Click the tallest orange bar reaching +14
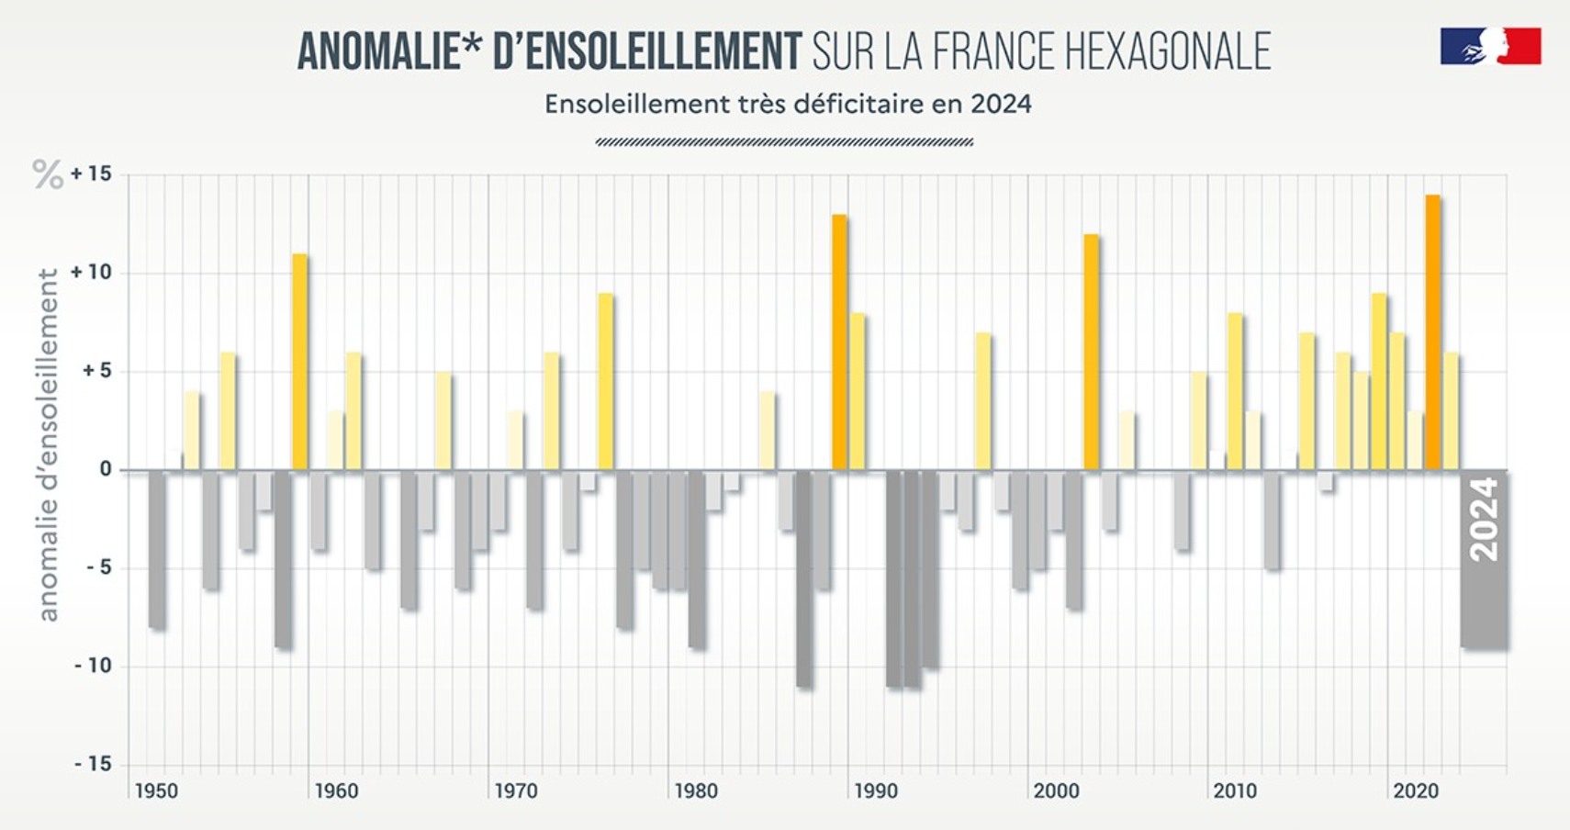point(1432,332)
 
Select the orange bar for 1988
point(839,342)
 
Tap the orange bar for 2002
point(1091,353)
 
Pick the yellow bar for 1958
point(300,362)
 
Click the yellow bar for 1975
point(606,382)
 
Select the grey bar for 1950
point(157,549)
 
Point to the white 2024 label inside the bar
point(1485,520)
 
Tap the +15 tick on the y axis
point(91,174)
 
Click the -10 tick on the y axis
point(93,666)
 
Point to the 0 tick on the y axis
point(106,469)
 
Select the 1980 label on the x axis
point(696,791)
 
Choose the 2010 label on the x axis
point(1235,791)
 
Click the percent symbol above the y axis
point(48,174)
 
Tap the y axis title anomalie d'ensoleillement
point(48,444)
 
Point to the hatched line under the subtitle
point(784,142)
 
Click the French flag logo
point(1490,46)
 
